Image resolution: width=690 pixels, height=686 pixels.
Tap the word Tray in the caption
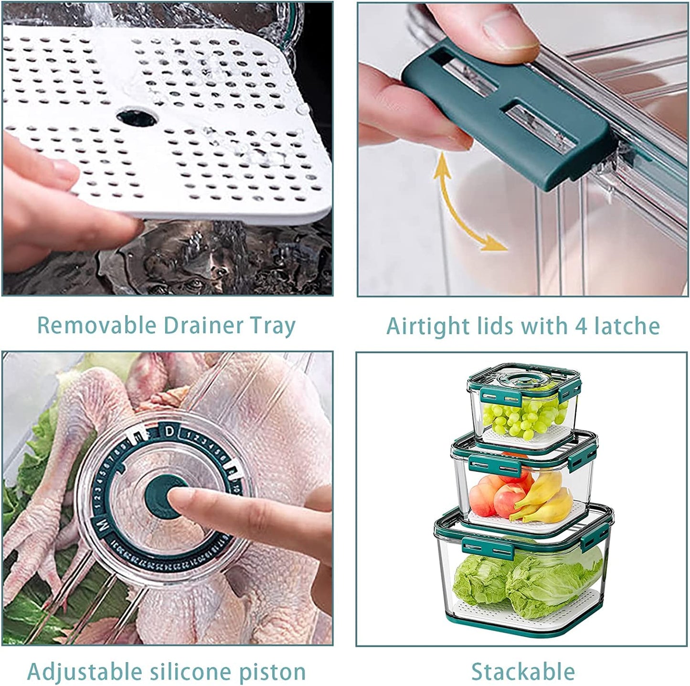[274, 326]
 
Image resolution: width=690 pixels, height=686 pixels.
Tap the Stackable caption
[523, 671]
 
